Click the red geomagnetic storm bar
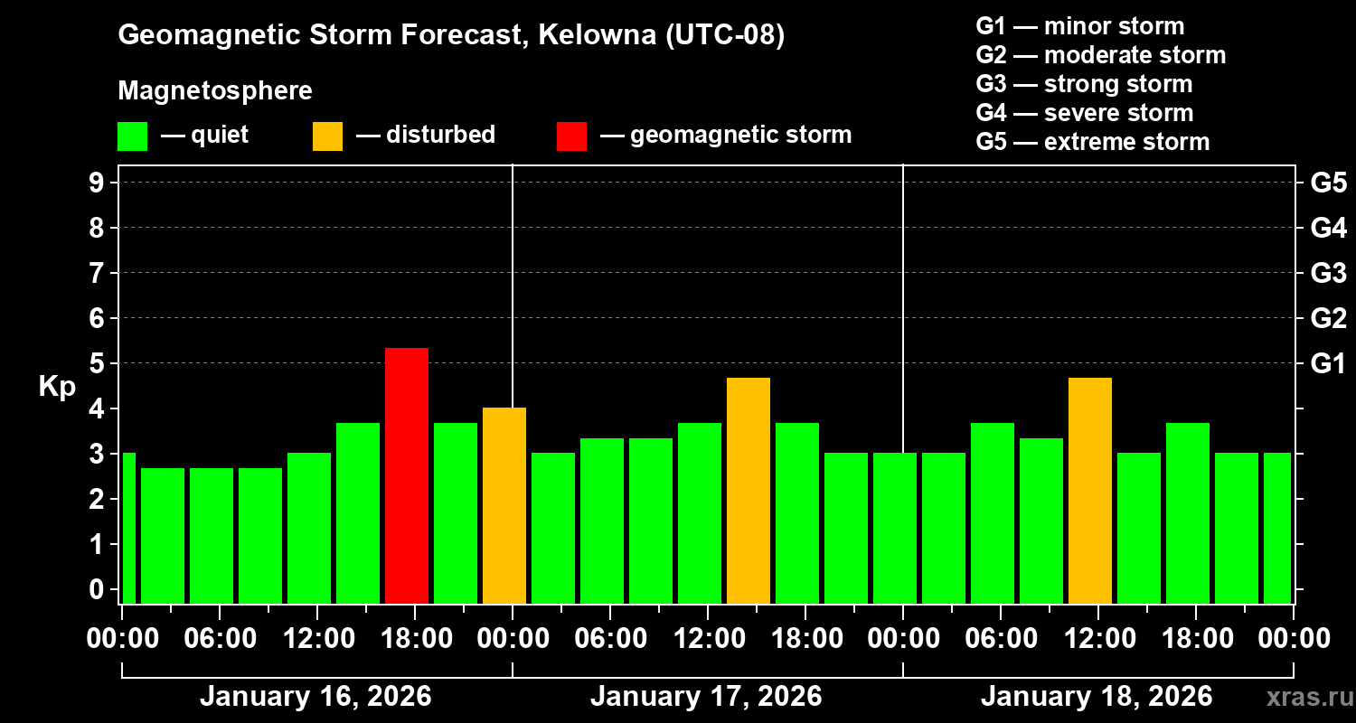click(406, 475)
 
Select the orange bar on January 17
click(748, 490)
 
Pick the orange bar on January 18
click(1089, 490)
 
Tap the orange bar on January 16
click(504, 505)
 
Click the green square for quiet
click(132, 136)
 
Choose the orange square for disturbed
click(327, 136)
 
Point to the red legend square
click(571, 136)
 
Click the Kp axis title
click(57, 387)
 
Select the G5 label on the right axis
click(1328, 183)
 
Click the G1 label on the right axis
click(1328, 363)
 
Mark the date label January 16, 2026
click(315, 697)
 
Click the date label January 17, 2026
click(705, 697)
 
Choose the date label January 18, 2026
click(1096, 697)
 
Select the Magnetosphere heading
click(215, 91)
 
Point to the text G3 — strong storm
click(1084, 84)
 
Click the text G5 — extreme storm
click(1092, 142)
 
